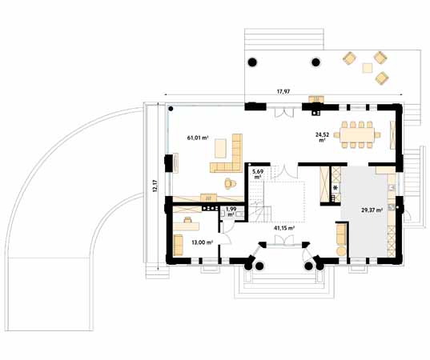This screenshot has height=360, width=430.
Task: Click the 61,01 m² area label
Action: click(x=198, y=138)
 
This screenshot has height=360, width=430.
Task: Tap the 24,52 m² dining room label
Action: click(x=322, y=138)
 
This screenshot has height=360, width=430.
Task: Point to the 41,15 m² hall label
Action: click(x=283, y=228)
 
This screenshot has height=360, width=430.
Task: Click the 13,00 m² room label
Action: click(x=201, y=242)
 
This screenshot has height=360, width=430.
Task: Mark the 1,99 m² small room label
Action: click(x=231, y=213)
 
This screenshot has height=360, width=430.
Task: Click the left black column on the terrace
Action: click(x=252, y=62)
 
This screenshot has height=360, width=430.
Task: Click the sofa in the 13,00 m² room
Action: click(x=178, y=242)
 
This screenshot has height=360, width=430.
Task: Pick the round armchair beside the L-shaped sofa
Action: click(x=230, y=182)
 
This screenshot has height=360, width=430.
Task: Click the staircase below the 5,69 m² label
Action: click(x=259, y=205)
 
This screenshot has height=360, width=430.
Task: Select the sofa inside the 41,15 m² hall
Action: click(x=340, y=234)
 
